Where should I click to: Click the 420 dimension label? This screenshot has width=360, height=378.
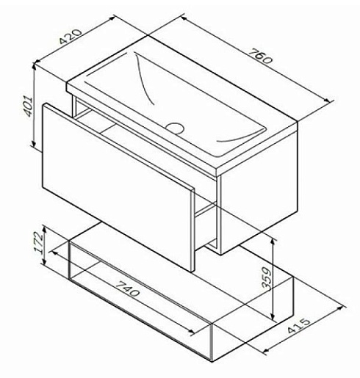click(x=71, y=37)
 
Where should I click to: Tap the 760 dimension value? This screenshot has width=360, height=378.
click(x=260, y=56)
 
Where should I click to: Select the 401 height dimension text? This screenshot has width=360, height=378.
click(x=27, y=106)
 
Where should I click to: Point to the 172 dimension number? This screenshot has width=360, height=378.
click(x=39, y=242)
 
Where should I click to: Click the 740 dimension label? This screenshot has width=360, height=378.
click(x=127, y=288)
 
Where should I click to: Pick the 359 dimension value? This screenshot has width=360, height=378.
click(x=267, y=279)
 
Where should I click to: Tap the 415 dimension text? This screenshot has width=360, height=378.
click(x=299, y=326)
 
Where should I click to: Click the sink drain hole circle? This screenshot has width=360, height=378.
click(x=175, y=127)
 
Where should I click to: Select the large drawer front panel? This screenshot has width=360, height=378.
click(x=118, y=186)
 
